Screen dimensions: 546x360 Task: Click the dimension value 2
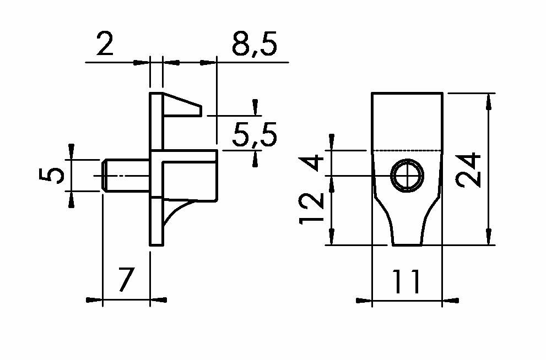[105, 43]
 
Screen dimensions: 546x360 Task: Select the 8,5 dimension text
[255, 44]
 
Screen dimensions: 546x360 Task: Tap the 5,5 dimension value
[255, 134]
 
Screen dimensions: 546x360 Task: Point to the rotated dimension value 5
[52, 175]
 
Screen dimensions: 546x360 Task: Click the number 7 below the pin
[126, 279]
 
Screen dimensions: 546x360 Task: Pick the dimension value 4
[311, 163]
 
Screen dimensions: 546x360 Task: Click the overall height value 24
[468, 170]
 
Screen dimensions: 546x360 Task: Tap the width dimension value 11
[407, 281]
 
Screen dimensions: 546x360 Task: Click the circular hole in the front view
[407, 176]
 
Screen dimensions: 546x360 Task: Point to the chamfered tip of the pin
[104, 175]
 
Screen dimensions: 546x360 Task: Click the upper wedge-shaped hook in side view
[182, 105]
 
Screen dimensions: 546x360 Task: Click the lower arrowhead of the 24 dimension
[489, 237]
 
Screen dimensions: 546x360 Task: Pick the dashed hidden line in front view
[407, 151]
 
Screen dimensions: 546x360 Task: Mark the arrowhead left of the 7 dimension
[94, 300]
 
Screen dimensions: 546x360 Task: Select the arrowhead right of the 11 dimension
[451, 301]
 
